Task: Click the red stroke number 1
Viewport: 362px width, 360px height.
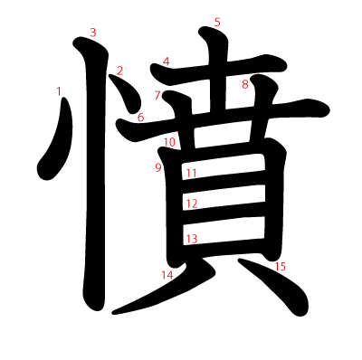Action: click(59, 90)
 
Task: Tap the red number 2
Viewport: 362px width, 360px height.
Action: click(119, 71)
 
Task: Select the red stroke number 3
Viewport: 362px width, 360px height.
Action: click(93, 33)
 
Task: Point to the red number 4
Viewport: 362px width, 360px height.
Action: click(167, 62)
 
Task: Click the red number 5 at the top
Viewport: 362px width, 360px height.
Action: click(217, 22)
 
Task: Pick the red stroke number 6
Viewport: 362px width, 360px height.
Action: click(140, 117)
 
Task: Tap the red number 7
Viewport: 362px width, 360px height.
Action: click(157, 95)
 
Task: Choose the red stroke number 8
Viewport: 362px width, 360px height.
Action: click(244, 85)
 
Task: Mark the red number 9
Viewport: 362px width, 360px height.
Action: click(157, 167)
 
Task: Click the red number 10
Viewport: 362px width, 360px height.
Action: click(169, 143)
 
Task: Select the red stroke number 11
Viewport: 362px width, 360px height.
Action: click(191, 173)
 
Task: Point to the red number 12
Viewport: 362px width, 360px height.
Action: click(191, 204)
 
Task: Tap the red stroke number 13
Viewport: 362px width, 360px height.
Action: click(191, 239)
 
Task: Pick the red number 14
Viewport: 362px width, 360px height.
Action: click(167, 274)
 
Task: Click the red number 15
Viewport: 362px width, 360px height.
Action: click(281, 267)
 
